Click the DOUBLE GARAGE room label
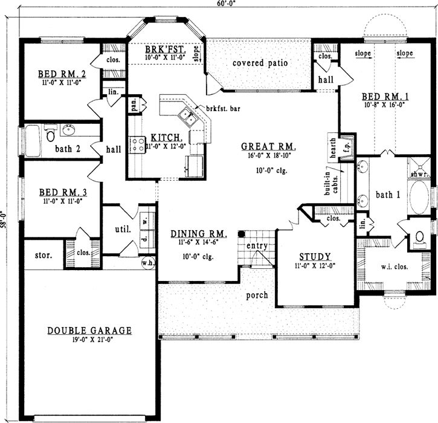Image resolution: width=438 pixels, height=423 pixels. pyautogui.click(x=89, y=331)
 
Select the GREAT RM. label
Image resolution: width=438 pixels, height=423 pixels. pyautogui.click(x=268, y=146)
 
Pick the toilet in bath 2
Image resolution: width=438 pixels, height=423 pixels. pyautogui.click(x=51, y=134)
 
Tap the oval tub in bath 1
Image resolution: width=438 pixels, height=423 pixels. pyautogui.click(x=417, y=198)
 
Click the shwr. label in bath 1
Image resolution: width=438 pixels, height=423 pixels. pyautogui.click(x=418, y=175)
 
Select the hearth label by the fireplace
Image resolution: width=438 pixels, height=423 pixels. pyautogui.click(x=333, y=146)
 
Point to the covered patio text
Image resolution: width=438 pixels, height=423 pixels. pyautogui.click(x=260, y=63)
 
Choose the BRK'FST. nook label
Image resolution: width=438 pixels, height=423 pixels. pyautogui.click(x=164, y=48)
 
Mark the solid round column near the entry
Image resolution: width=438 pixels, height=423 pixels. pyautogui.click(x=240, y=233)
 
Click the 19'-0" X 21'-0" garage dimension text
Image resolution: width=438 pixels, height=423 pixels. pyautogui.click(x=89, y=340)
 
